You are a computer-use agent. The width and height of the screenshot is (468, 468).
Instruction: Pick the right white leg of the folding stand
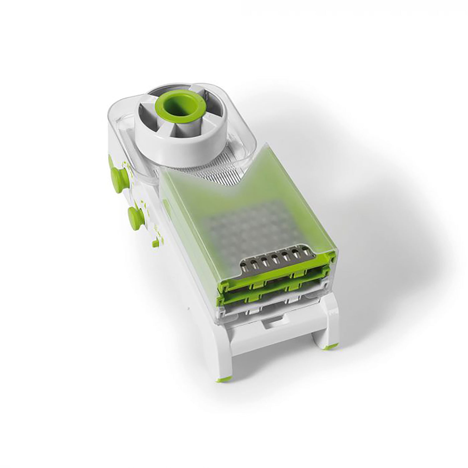[x=331, y=324]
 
